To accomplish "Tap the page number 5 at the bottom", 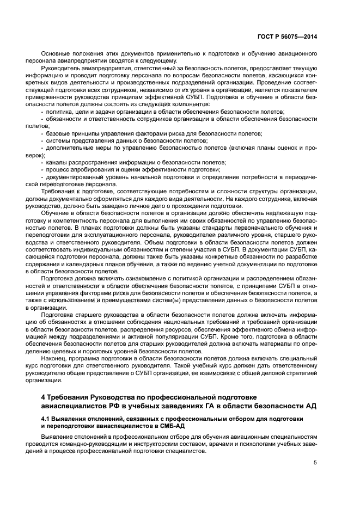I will click(315, 463).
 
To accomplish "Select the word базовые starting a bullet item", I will click(58, 133).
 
